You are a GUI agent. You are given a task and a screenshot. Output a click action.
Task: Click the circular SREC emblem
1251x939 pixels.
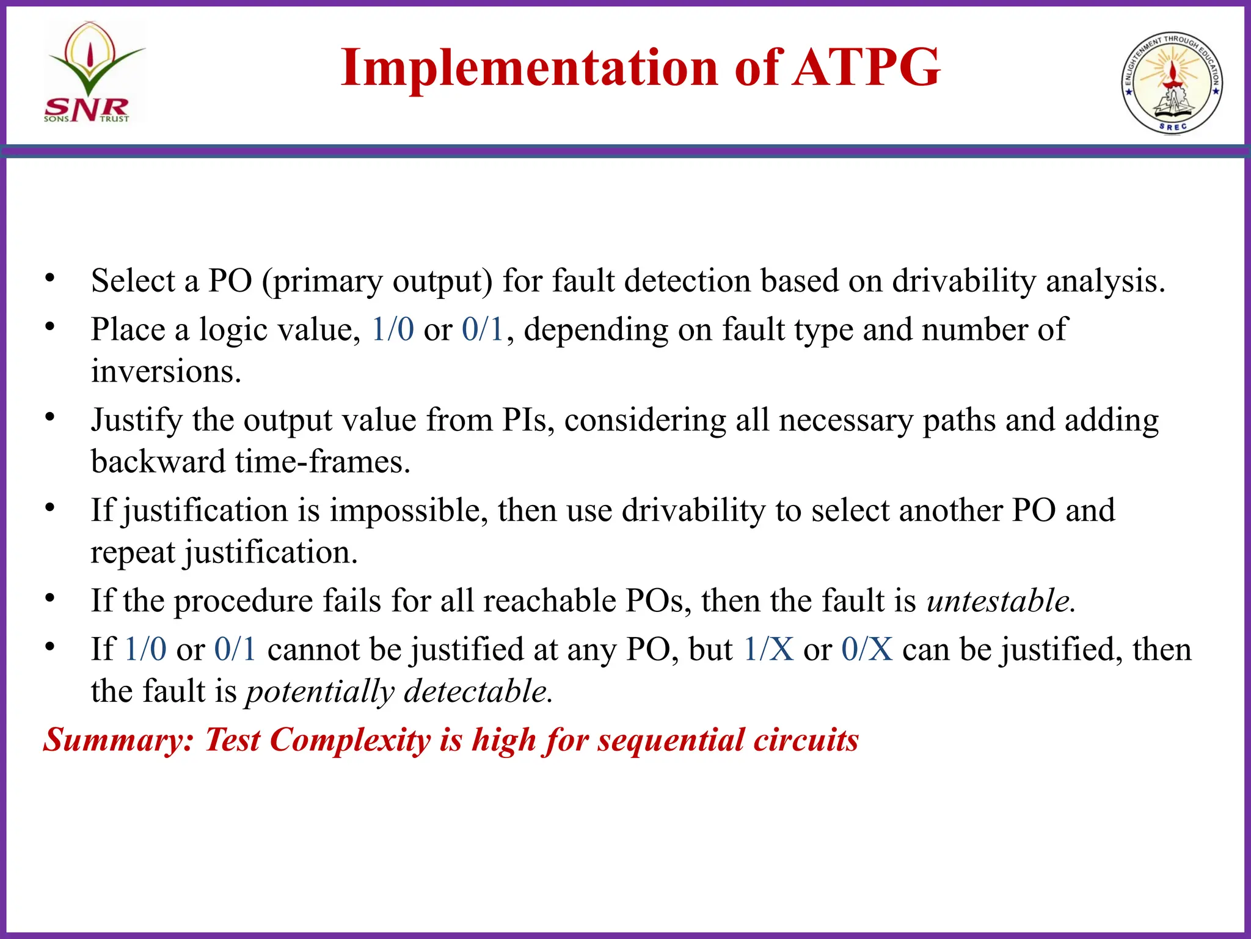coord(1172,83)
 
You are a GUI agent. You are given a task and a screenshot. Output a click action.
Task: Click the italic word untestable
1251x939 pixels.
coord(1001,601)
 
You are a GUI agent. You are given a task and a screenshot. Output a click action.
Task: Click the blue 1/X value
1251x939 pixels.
coord(768,649)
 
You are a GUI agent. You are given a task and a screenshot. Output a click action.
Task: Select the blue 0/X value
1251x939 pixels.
coord(867,649)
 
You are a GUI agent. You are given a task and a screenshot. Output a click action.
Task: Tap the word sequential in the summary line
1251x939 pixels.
coord(670,740)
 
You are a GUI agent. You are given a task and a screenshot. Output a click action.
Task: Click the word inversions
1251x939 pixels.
coord(166,372)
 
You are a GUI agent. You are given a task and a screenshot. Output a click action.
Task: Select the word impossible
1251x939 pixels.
coord(409,510)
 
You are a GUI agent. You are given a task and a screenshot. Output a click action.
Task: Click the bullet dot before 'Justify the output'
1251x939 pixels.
coord(49,418)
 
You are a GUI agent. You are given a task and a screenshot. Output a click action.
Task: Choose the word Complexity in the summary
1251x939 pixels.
coord(350,740)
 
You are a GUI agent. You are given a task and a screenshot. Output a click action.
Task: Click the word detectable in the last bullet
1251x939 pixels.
coord(478,691)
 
